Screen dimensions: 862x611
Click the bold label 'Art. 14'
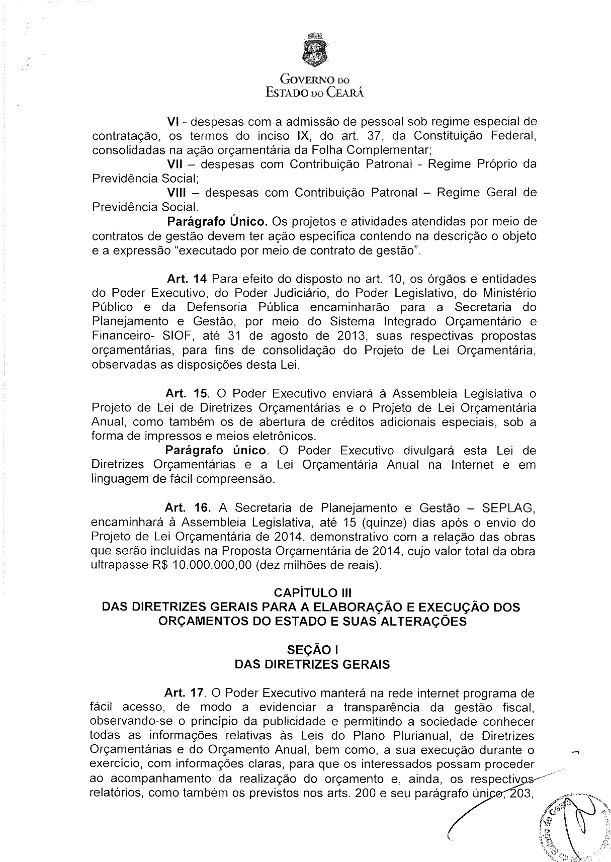tap(187, 279)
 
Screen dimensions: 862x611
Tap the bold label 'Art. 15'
tap(187, 393)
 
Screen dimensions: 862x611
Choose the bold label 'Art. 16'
tap(187, 508)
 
